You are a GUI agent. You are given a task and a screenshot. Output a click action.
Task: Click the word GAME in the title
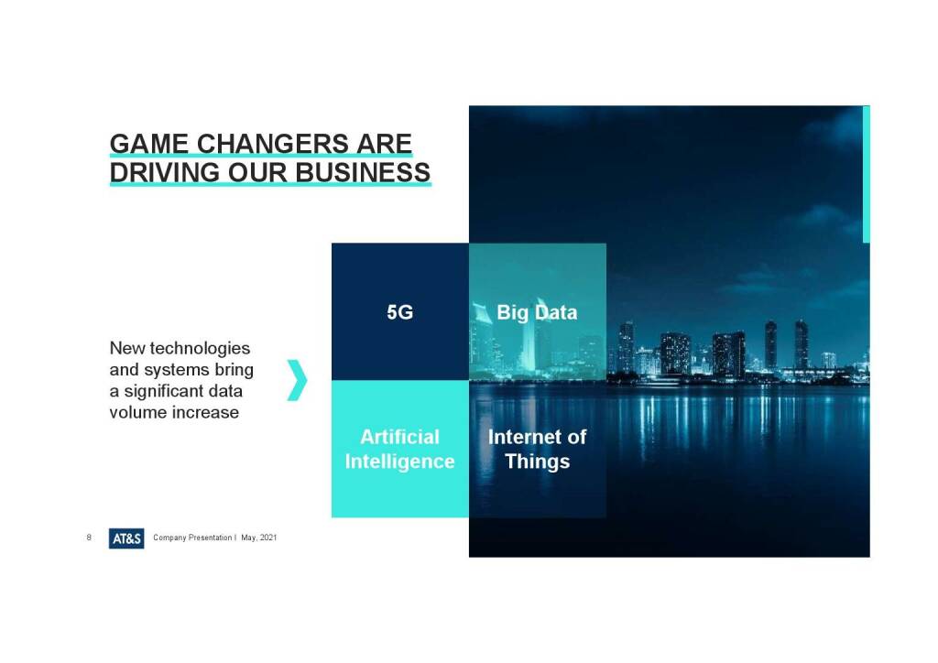coord(149,144)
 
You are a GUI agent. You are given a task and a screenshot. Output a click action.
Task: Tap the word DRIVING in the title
coord(165,172)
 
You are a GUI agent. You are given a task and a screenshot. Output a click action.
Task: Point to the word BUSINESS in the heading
coord(363,172)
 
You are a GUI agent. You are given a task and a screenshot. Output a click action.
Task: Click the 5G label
coord(399,312)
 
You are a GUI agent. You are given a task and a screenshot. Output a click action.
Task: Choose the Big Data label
coord(537,312)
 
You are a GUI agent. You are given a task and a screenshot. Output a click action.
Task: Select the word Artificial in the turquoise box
coord(399,437)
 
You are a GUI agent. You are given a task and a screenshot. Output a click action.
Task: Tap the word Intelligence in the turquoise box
coord(399,462)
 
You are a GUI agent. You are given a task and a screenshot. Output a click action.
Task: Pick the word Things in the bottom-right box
coord(537,462)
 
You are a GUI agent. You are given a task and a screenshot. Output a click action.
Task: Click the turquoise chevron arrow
coord(298,380)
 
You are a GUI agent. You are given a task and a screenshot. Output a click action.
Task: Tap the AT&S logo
coord(126,538)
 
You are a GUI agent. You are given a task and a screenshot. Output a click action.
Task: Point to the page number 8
coord(89,538)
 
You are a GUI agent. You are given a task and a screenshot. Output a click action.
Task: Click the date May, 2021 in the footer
coord(259,538)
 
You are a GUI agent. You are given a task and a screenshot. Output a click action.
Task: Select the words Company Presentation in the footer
coord(192,538)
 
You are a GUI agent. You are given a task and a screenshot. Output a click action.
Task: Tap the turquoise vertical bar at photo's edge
coord(867,174)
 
